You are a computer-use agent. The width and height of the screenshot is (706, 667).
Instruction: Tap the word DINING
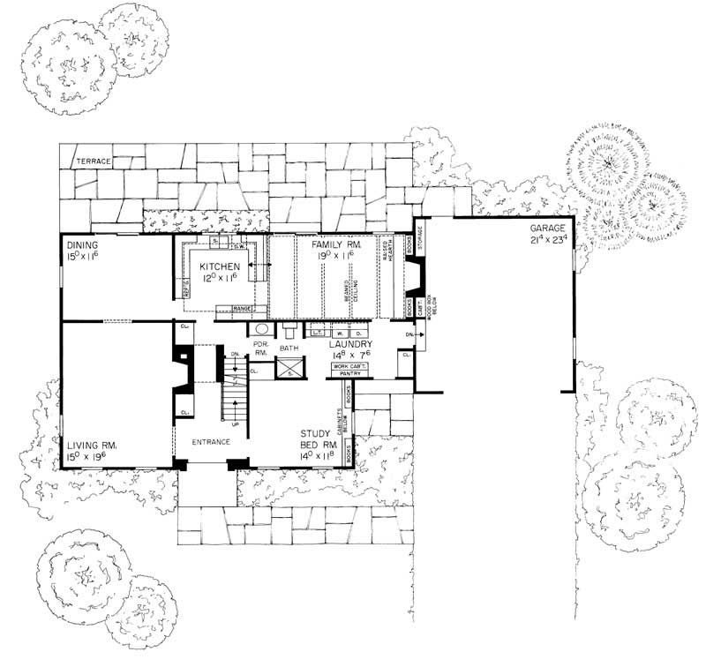click(x=80, y=244)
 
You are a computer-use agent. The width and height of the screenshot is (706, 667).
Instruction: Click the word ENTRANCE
click(x=211, y=441)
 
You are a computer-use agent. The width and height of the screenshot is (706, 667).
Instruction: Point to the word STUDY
click(x=315, y=433)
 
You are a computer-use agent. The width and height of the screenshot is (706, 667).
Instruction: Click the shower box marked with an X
click(x=289, y=368)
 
